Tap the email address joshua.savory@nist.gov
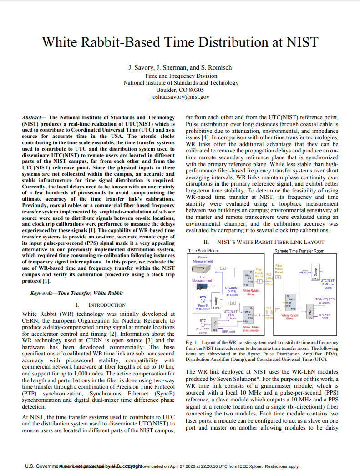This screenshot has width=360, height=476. [180, 97]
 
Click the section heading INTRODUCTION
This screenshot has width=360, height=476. [106, 305]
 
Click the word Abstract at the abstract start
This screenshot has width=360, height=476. [33, 117]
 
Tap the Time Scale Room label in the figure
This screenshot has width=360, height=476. [203, 251]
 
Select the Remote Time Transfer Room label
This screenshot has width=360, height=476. [299, 251]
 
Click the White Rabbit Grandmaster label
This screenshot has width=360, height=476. [251, 329]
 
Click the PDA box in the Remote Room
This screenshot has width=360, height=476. [309, 312]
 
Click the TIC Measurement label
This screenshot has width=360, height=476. [202, 279]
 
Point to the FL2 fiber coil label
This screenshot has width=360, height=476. [269, 275]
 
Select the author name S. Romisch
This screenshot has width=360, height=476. [216, 67]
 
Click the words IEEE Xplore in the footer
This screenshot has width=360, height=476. [251, 466]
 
